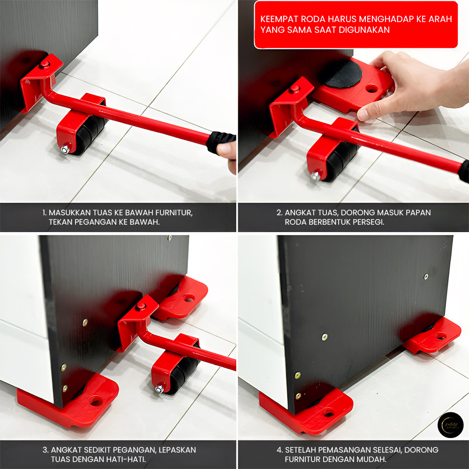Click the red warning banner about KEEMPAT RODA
(356, 24)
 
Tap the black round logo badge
(450, 425)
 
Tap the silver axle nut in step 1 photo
(65, 149)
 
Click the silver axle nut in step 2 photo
(315, 176)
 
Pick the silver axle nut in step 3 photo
(159, 389)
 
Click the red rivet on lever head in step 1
(45, 64)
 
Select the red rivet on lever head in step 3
(141, 306)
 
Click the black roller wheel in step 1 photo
(89, 132)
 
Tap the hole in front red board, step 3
(96, 401)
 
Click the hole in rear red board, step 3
(189, 298)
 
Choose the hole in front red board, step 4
(328, 414)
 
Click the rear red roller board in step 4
(432, 335)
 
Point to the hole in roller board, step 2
(371, 89)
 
